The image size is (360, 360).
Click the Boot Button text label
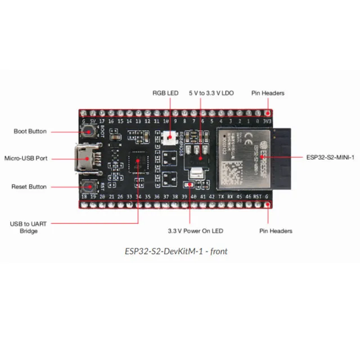coord(30,132)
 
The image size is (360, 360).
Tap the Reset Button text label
coord(29,186)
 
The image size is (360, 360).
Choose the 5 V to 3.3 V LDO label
coord(211,93)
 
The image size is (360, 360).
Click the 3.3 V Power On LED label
coord(195,231)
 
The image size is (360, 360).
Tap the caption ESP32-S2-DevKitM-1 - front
coord(176,251)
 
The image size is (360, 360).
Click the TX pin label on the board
coord(220,196)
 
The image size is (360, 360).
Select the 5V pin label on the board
coord(92,120)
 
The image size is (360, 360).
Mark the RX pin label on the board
coord(230,196)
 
